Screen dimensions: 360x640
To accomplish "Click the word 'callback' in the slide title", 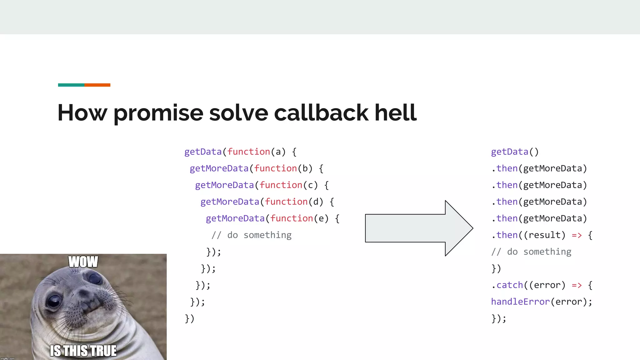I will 321,112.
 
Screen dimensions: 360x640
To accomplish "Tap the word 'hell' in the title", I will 395,112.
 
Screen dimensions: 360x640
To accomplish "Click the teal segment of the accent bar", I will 71,85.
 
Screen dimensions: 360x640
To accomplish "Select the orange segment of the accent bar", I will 97,85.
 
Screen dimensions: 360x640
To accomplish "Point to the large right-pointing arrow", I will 419,228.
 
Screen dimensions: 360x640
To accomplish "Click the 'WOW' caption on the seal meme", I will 83,262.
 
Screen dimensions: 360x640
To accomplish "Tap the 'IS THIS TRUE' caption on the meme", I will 83,351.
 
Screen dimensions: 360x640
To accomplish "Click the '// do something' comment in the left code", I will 252,235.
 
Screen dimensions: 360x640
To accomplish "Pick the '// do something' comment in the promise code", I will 531,252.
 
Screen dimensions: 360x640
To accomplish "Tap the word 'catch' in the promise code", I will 510,285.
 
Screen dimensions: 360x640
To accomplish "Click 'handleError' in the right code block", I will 520,302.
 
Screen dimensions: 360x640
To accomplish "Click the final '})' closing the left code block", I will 189,318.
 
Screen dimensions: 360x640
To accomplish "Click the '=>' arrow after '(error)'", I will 577,285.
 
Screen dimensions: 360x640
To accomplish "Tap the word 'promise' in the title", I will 158,112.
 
